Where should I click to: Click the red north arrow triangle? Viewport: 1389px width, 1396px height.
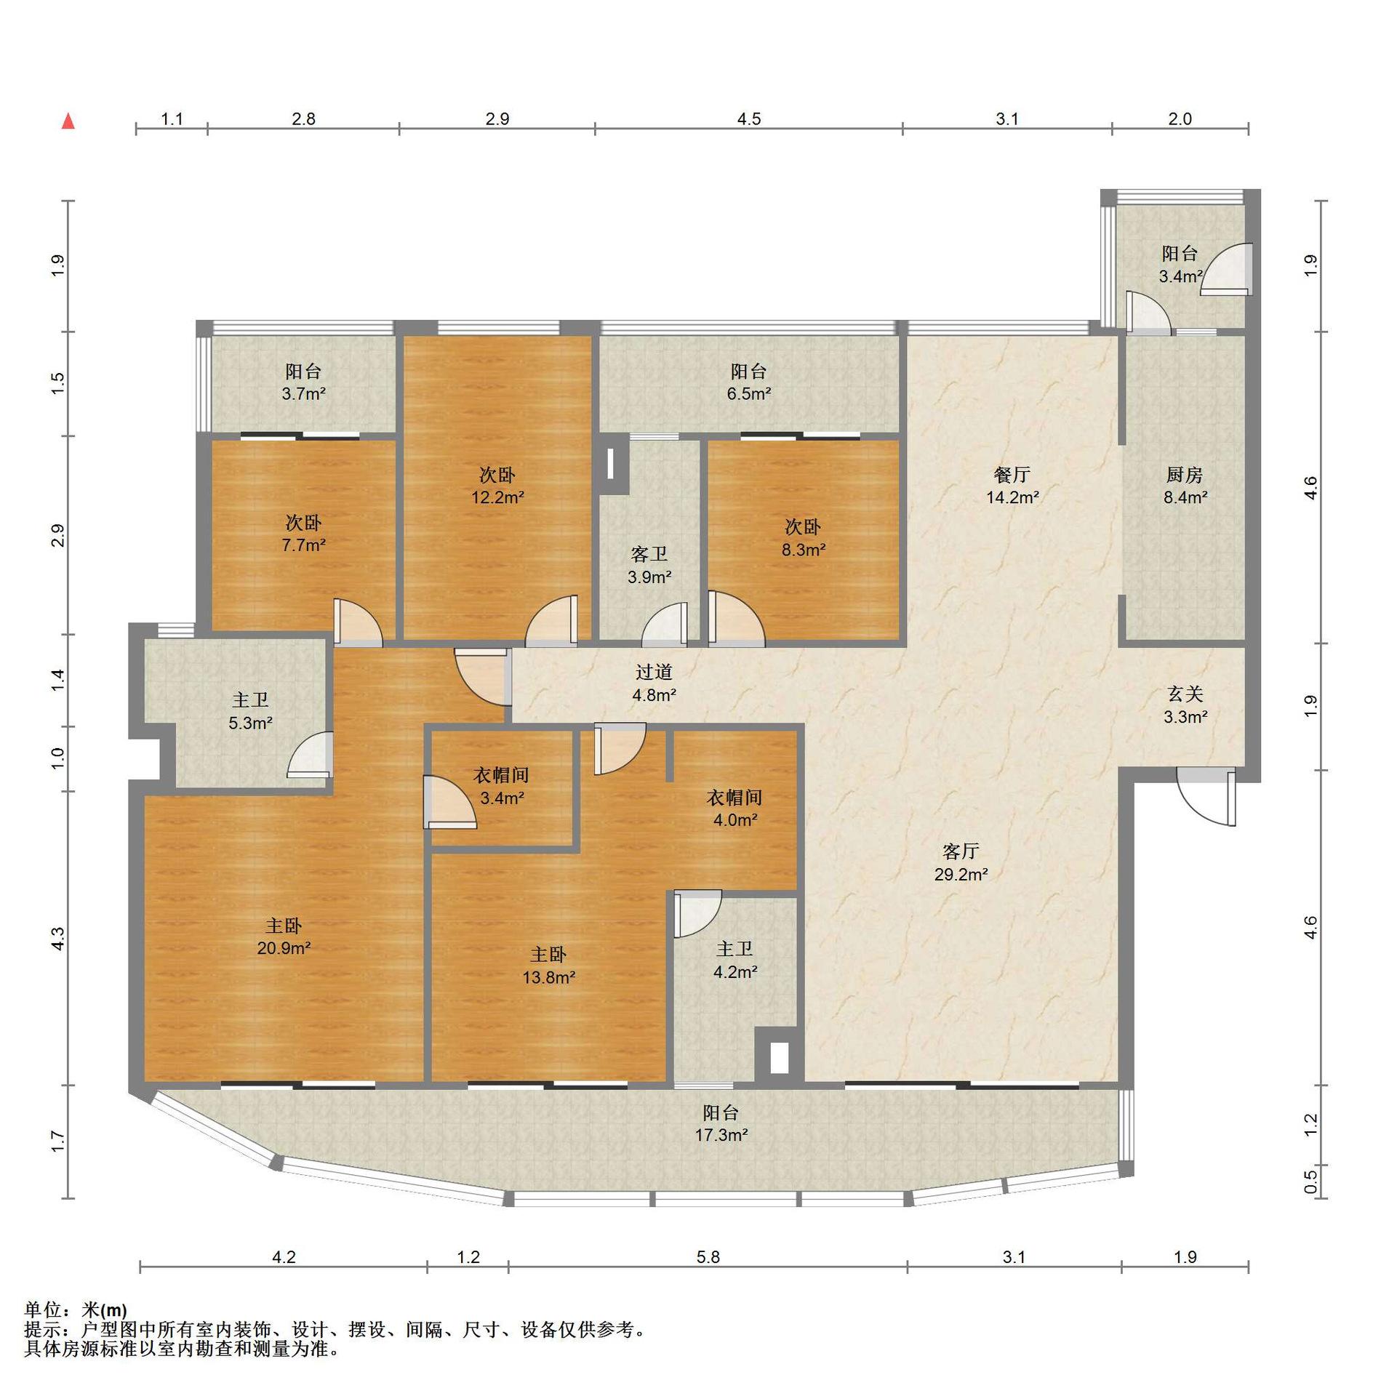[x=68, y=121]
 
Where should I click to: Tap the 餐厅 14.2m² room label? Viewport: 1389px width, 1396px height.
[x=1012, y=486]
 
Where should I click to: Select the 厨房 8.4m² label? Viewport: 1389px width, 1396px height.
[x=1185, y=486]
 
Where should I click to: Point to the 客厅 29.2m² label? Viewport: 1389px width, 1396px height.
[x=961, y=862]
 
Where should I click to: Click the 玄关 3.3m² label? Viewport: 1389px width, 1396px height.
[x=1185, y=705]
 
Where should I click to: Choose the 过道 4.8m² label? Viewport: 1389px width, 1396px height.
[x=654, y=683]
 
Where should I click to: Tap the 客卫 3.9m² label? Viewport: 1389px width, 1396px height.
[x=649, y=566]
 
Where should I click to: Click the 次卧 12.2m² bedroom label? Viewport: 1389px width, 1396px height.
[x=497, y=486]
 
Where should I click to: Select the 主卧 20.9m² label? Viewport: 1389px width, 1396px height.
[x=284, y=936]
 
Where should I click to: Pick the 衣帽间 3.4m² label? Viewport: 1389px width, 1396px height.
[x=502, y=786]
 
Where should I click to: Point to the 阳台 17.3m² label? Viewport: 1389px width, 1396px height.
[x=721, y=1123]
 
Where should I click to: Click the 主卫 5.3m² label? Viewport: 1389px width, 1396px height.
[x=250, y=711]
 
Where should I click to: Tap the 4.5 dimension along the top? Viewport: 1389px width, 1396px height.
[x=749, y=119]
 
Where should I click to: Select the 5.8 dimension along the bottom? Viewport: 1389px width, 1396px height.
[x=708, y=1257]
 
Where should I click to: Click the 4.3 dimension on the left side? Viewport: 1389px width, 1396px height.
[x=58, y=938]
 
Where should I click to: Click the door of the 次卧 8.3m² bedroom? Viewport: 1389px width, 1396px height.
[x=735, y=618]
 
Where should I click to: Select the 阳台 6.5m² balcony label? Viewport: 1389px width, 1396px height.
[x=749, y=382]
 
